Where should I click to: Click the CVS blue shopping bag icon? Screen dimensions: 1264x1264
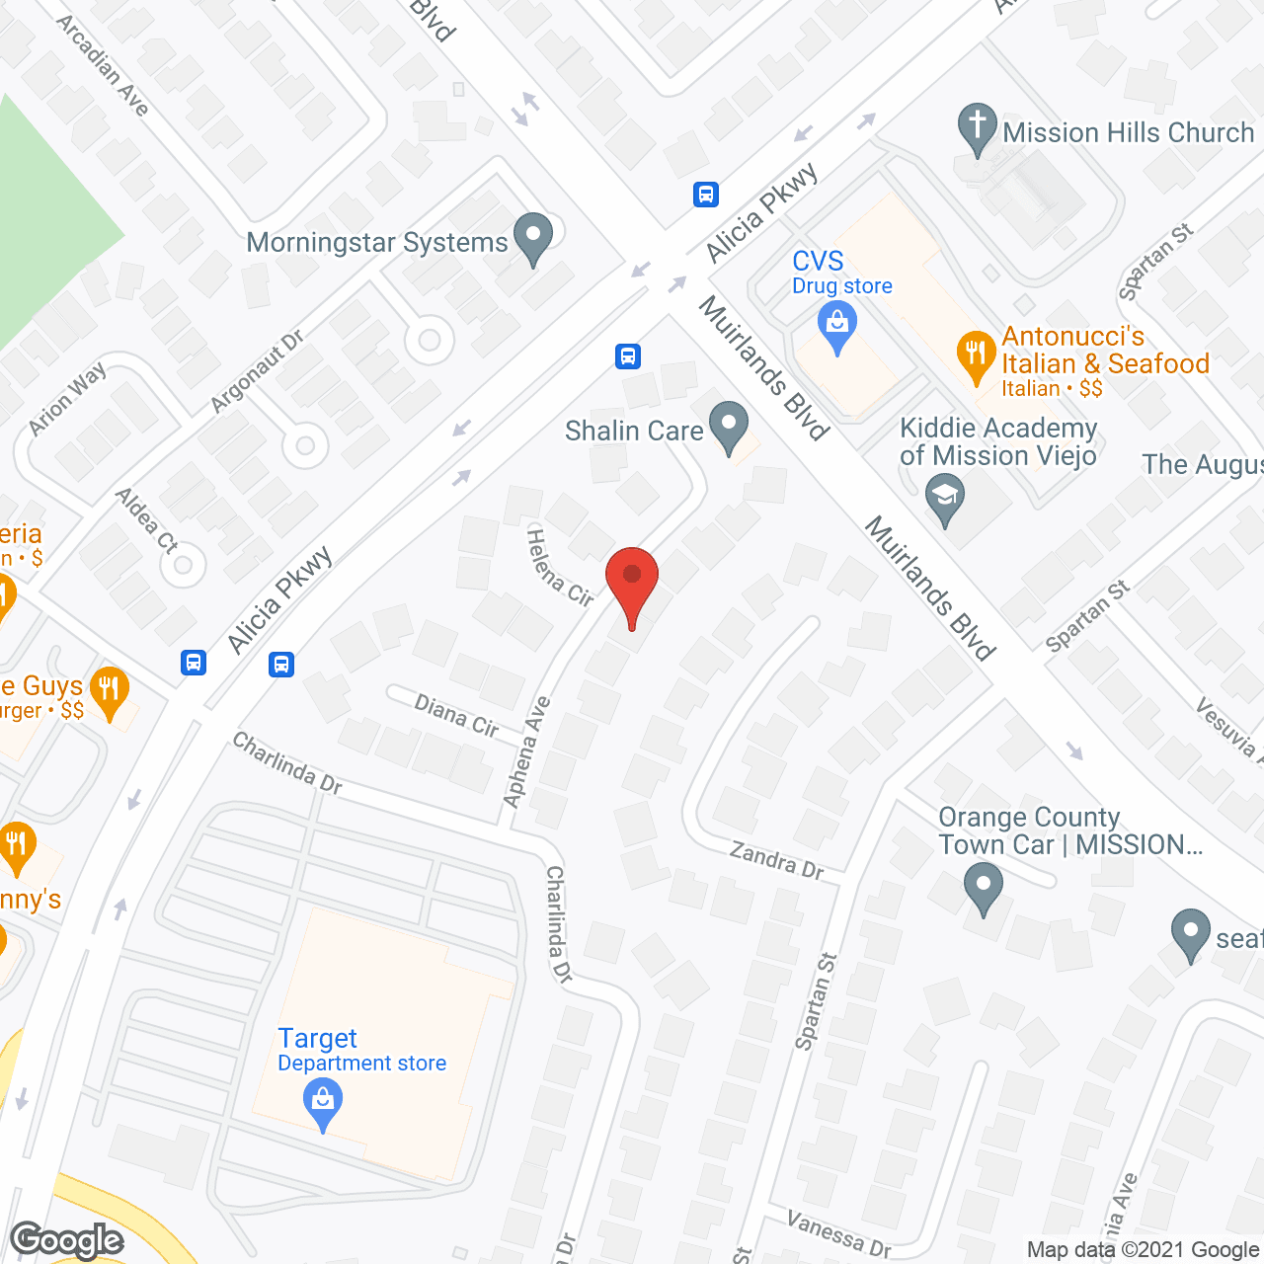[x=837, y=327]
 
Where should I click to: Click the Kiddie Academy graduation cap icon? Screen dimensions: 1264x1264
[x=945, y=499]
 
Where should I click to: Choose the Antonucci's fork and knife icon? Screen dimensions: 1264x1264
[x=976, y=355]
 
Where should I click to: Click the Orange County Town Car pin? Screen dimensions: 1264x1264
[x=983, y=888]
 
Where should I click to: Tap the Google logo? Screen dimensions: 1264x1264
[x=67, y=1240]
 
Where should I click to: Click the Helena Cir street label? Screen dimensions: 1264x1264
[x=560, y=568]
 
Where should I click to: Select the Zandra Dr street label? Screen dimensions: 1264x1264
[x=777, y=859]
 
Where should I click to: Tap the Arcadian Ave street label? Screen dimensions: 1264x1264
[x=103, y=65]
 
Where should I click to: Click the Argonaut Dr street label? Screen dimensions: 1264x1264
[x=257, y=372]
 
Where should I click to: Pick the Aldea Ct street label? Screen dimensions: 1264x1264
[x=146, y=519]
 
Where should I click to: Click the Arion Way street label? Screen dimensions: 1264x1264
[x=67, y=400]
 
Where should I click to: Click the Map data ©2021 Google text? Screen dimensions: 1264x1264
[x=1143, y=1250]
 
